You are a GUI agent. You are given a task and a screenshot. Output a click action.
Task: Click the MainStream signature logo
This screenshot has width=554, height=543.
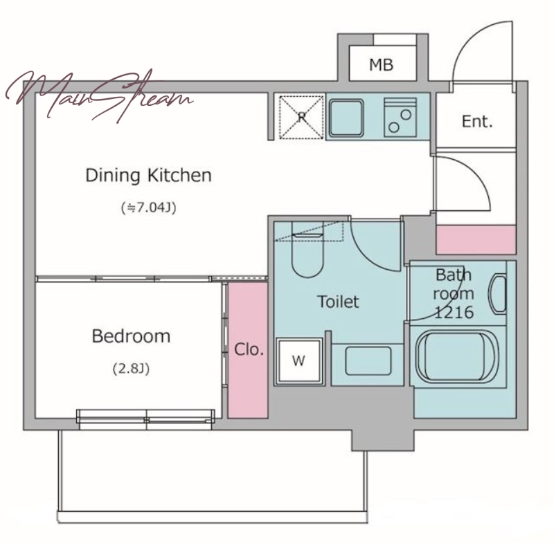coord(99,96)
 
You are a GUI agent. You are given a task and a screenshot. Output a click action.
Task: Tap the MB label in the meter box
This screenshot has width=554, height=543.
coord(381,65)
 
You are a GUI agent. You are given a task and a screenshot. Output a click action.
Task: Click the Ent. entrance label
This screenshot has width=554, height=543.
coord(477,121)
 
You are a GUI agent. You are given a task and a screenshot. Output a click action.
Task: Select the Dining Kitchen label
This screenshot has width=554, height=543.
coord(148,176)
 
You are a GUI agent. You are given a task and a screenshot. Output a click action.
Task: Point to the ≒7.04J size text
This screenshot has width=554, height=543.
coord(148,208)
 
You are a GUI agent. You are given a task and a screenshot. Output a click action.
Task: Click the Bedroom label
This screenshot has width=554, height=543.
coord(131,336)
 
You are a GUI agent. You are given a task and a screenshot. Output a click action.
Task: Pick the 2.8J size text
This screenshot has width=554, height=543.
coord(131,369)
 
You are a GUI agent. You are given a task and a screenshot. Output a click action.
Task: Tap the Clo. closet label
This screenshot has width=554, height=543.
coord(249,349)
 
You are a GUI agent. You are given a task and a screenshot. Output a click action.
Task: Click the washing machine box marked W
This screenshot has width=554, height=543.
coord(299,360)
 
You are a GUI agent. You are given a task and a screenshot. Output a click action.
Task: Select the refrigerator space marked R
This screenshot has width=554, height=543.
coord(301,117)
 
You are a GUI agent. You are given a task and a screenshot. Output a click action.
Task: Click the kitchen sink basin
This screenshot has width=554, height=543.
coord(346,118)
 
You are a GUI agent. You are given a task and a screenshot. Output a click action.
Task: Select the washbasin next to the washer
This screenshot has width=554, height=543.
coord(368,361)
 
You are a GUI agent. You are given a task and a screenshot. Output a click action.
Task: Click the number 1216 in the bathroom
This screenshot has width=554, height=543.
coord(454,313)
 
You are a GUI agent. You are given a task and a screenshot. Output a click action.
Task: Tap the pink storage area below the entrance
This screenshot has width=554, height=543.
coord(476,239)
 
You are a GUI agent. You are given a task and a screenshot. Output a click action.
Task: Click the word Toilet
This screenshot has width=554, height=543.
coord(338,302)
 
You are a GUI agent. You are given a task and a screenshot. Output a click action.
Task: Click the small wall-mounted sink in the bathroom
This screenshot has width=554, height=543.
coord(497,294)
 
